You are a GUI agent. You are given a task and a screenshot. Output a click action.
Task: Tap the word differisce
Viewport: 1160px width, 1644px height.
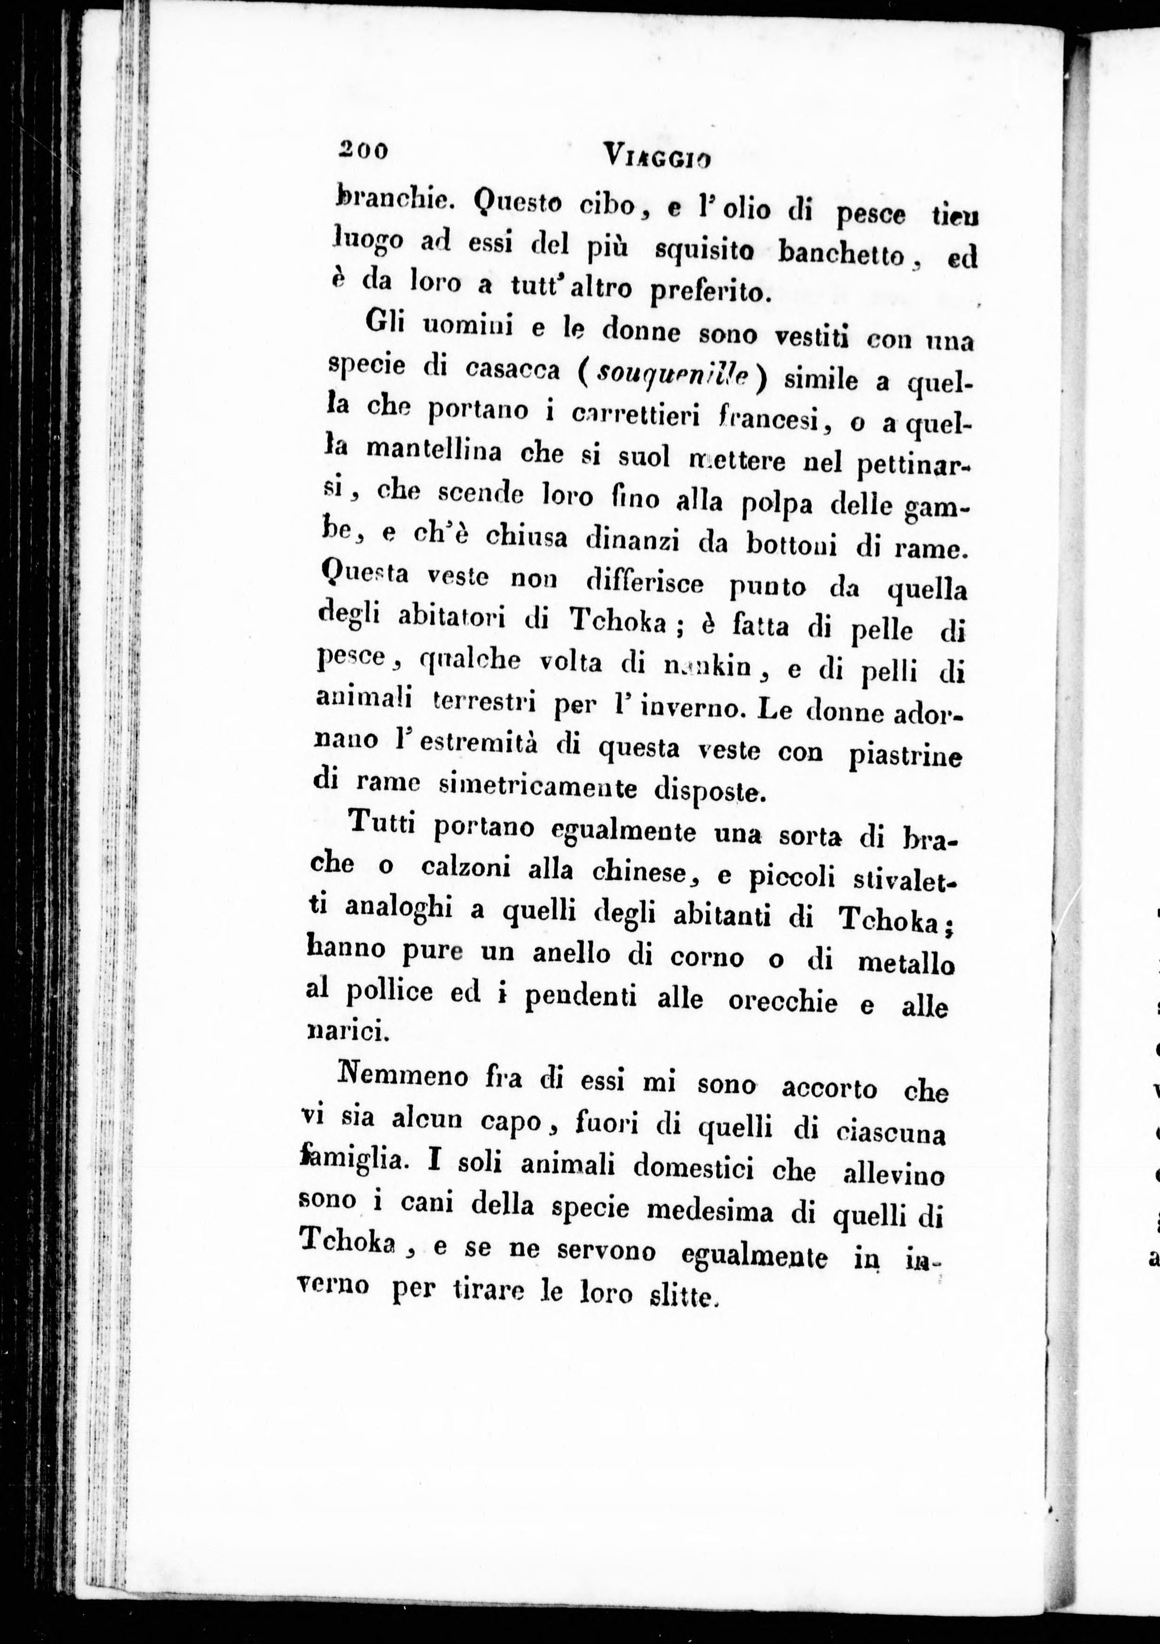tap(644, 583)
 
